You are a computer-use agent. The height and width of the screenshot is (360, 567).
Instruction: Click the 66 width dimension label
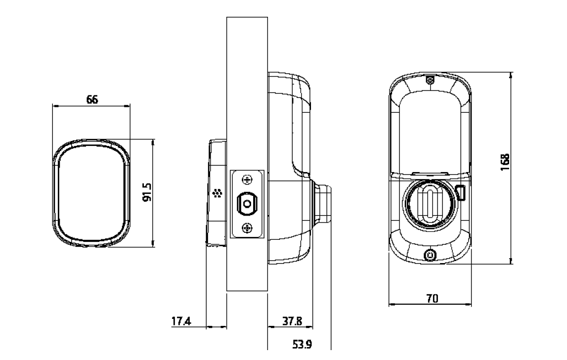(x=92, y=99)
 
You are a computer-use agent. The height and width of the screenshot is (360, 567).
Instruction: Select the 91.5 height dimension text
(x=147, y=192)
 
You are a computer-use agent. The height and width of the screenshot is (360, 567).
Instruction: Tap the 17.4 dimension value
(x=181, y=321)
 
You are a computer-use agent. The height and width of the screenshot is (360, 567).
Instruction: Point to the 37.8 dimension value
(x=292, y=321)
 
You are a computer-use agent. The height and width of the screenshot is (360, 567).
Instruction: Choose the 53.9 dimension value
(x=302, y=344)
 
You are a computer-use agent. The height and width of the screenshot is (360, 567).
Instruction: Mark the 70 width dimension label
(x=432, y=299)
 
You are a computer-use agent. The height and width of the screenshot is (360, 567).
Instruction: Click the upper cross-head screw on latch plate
(x=247, y=180)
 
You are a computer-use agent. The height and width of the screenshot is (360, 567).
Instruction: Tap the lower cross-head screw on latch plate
(x=247, y=228)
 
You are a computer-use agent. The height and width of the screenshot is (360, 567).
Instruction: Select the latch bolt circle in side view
(x=247, y=204)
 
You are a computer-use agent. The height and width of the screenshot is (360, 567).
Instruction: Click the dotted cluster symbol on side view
(x=218, y=193)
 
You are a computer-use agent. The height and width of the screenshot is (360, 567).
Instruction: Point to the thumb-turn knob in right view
(x=430, y=204)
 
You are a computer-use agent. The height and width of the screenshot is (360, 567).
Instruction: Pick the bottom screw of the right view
(x=430, y=256)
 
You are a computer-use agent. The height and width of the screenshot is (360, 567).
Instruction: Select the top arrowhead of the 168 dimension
(x=511, y=75)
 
